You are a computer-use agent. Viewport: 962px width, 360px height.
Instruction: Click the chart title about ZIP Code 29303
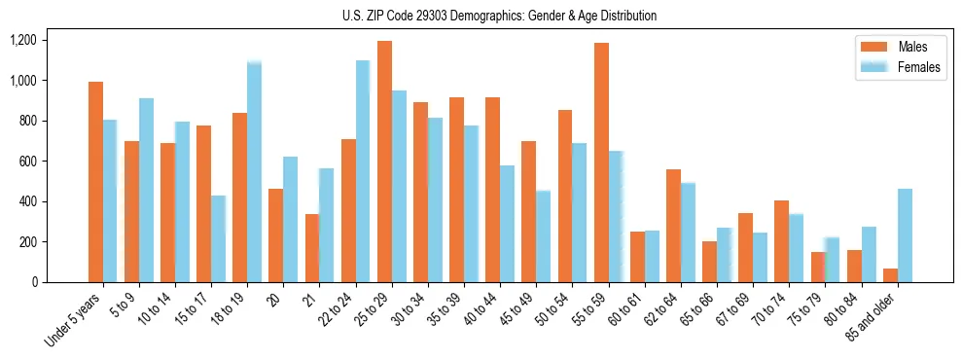pyautogui.click(x=499, y=16)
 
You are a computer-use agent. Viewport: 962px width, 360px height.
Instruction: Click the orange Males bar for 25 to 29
pyautogui.click(x=384, y=162)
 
